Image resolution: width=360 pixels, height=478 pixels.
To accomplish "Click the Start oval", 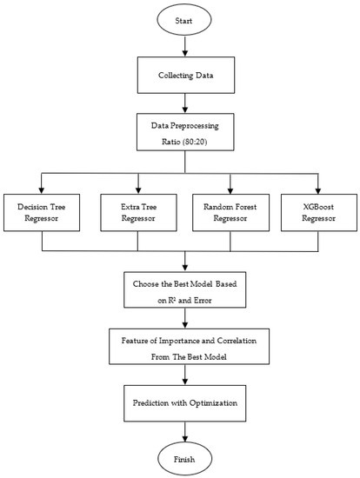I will [x=182, y=20].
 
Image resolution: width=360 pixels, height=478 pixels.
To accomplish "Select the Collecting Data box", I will [x=182, y=76].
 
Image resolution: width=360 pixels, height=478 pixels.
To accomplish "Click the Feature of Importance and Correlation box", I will [x=182, y=348].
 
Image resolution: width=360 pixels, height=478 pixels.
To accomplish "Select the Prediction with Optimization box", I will [x=182, y=403].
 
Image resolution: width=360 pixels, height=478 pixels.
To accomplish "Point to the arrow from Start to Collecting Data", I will [x=182, y=47].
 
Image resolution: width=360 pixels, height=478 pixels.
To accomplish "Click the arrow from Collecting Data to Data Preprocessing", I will [x=182, y=106].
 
